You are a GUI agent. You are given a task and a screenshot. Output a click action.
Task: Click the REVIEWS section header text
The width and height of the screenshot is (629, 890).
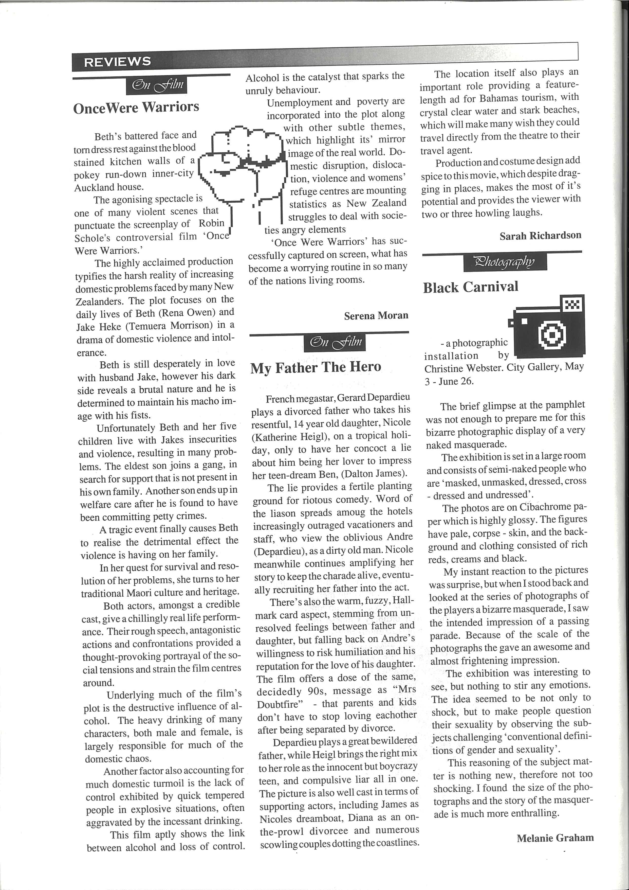pos(117,62)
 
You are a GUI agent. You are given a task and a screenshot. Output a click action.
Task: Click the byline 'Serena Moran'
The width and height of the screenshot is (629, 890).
pos(376,315)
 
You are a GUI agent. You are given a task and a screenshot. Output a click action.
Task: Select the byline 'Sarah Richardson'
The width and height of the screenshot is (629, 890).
pos(540,235)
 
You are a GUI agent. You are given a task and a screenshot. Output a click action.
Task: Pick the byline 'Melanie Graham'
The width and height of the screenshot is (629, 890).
pos(555,838)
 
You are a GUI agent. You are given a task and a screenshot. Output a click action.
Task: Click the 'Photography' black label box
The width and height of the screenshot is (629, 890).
pos(505,262)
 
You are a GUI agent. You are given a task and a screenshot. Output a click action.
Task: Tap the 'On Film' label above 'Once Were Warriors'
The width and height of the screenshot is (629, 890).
pos(157,85)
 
